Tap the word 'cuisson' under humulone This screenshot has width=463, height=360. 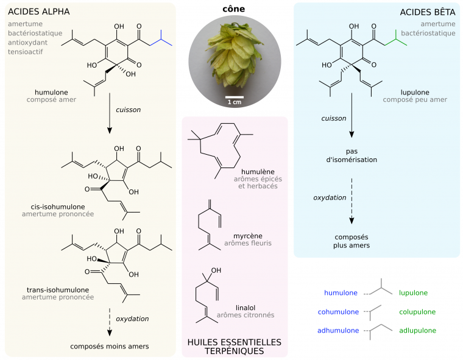coord(128,110)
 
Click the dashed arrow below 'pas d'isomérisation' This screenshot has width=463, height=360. coord(352,211)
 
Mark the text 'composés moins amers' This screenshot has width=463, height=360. coord(110,347)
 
